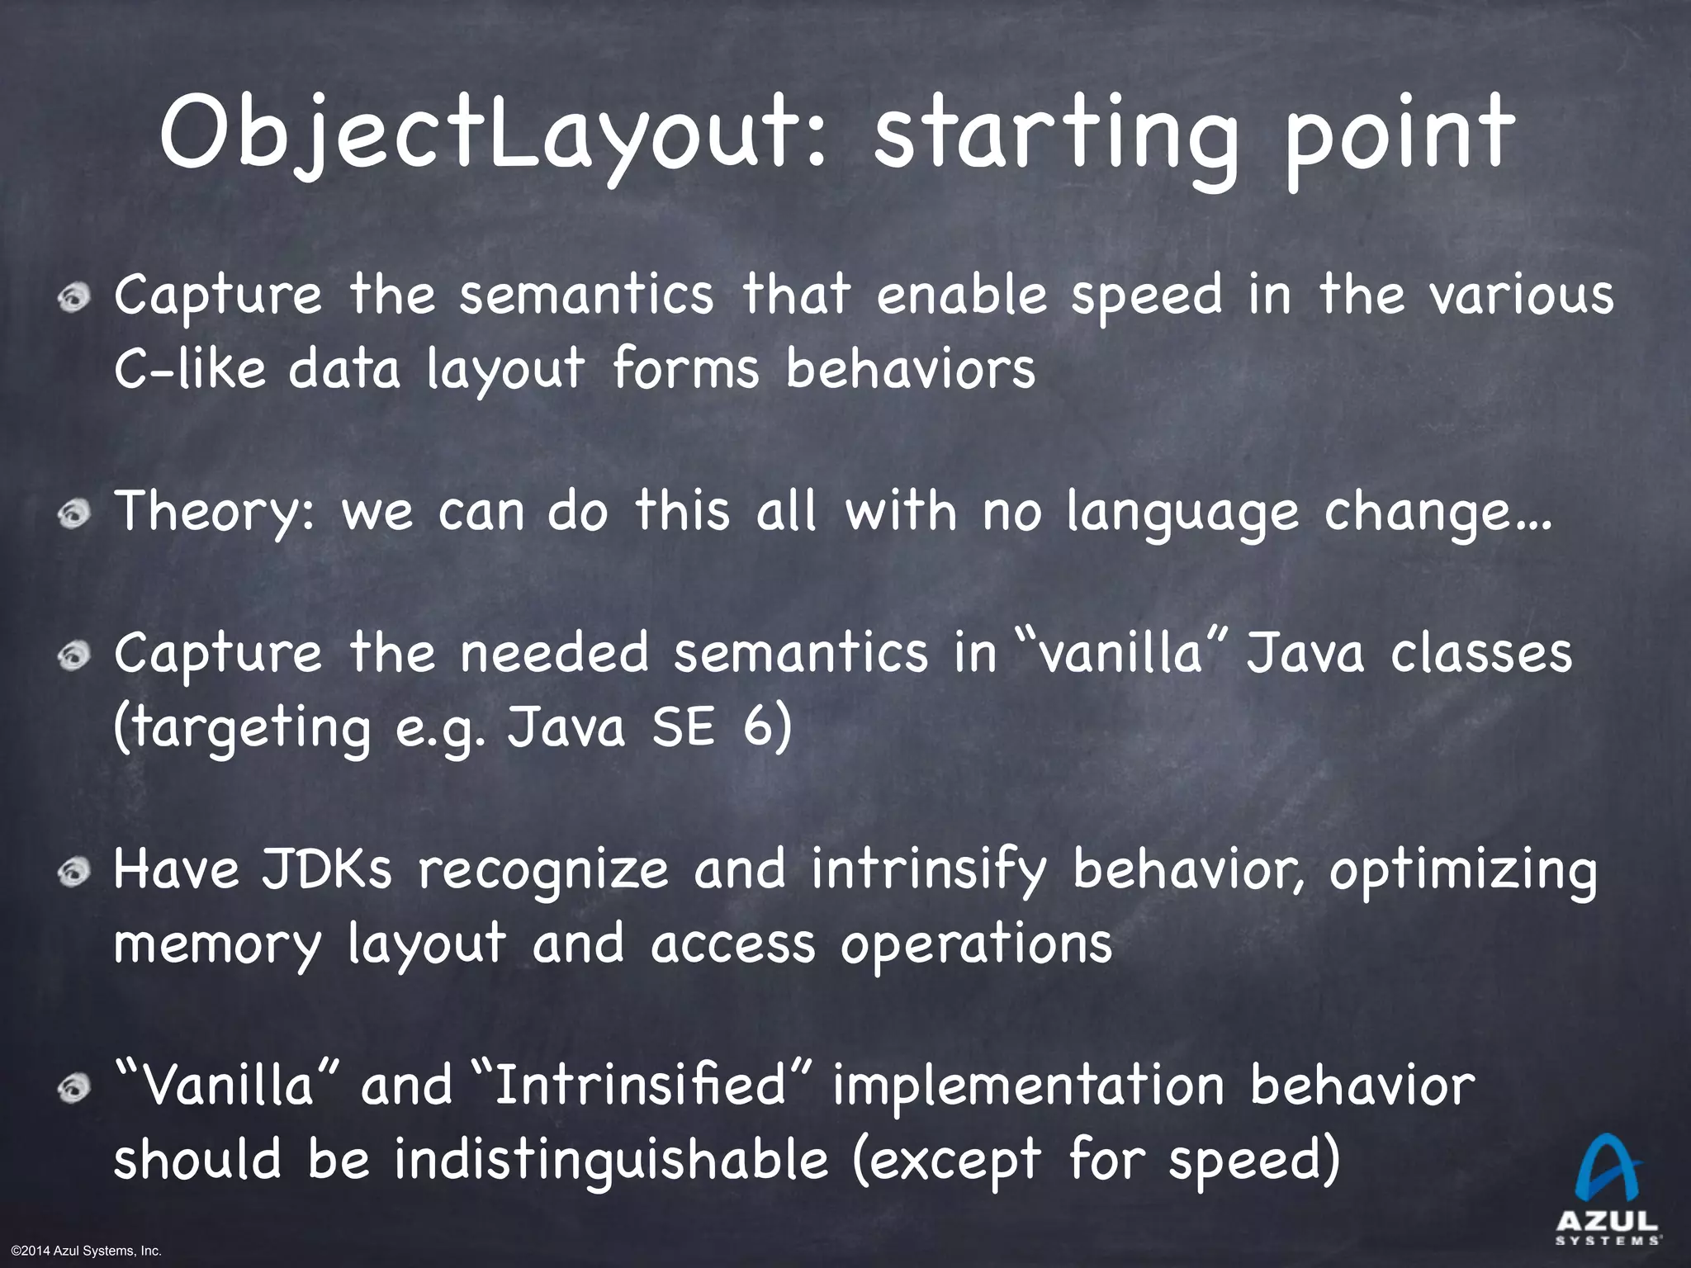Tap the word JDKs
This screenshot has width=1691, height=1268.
(327, 870)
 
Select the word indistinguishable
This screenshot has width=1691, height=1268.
(611, 1159)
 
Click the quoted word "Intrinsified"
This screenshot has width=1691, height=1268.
(644, 1086)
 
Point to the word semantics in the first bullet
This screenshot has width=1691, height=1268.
(586, 296)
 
